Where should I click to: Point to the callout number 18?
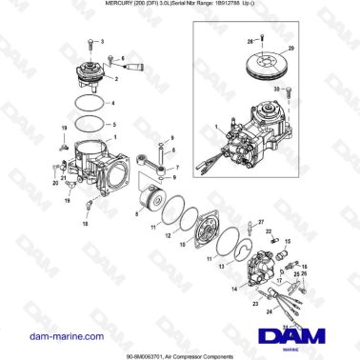pos(84,224)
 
